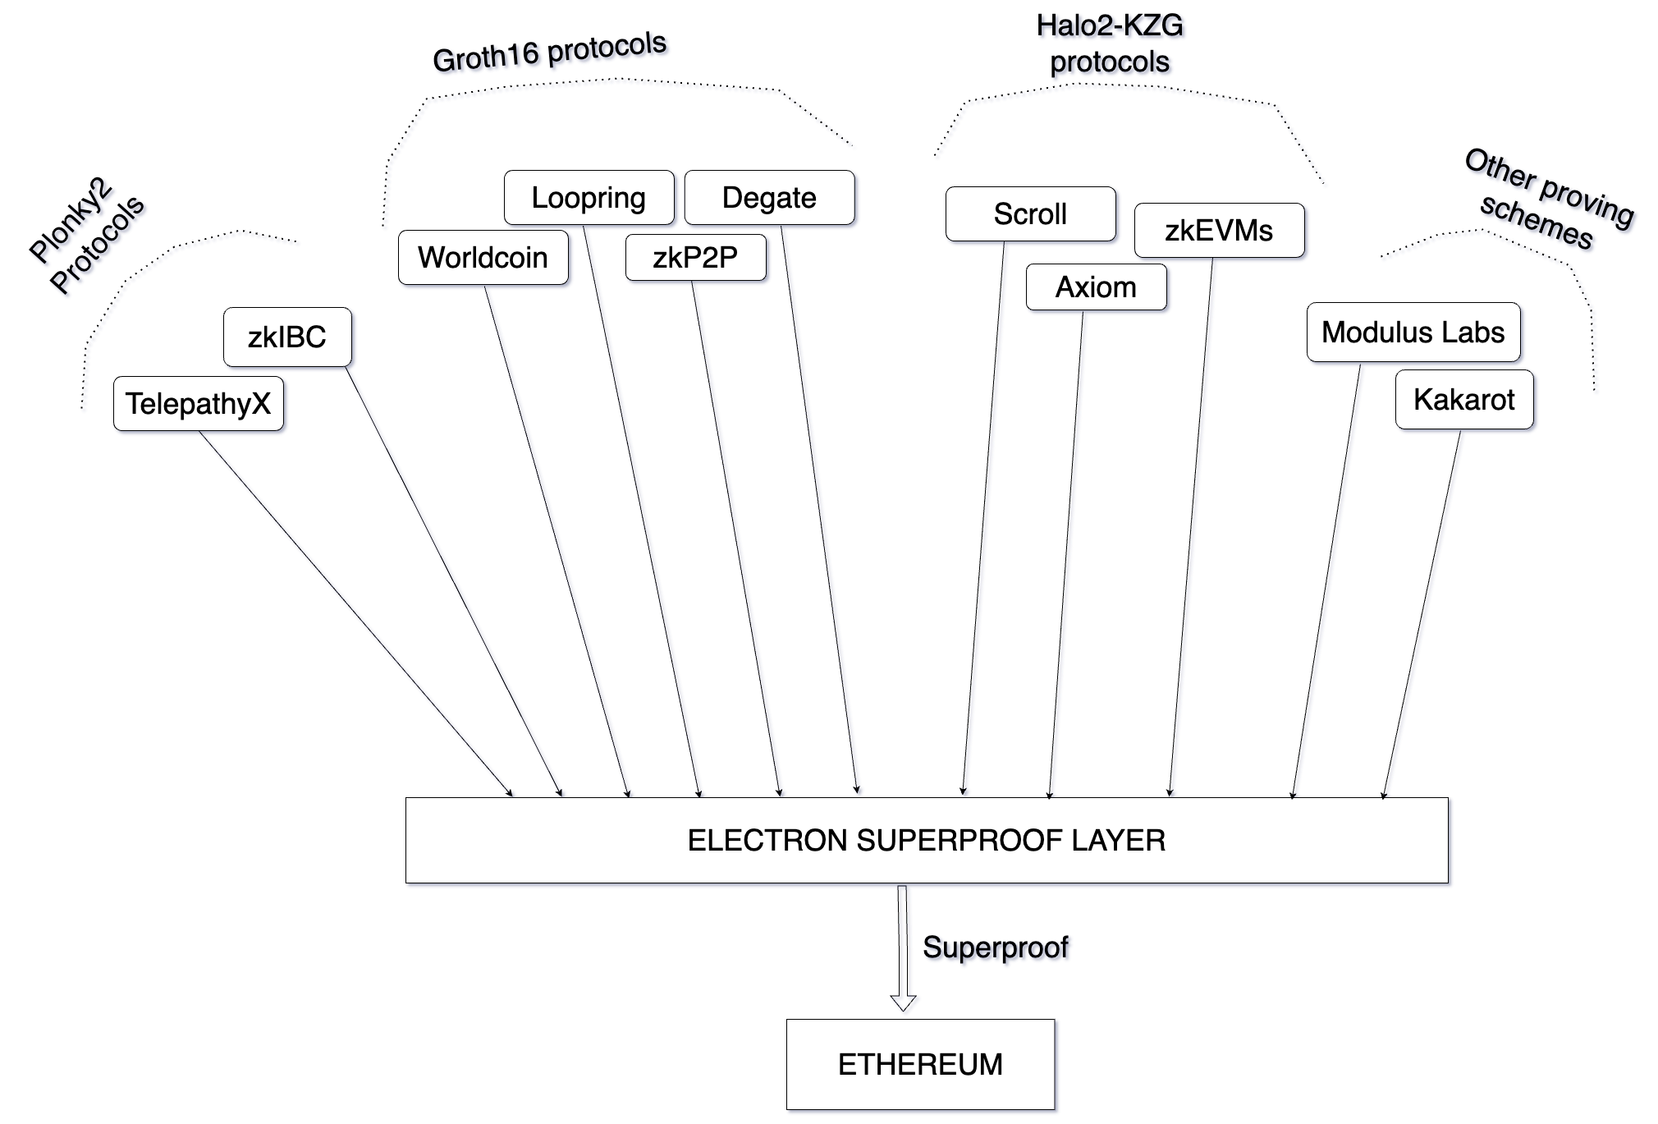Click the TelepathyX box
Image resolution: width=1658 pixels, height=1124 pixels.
pyautogui.click(x=199, y=404)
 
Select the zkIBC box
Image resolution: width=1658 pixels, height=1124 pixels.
pyautogui.click(x=287, y=337)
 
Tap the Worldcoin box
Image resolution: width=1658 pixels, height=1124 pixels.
pyautogui.click(x=483, y=258)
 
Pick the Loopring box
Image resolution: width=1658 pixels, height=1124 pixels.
pyautogui.click(x=589, y=198)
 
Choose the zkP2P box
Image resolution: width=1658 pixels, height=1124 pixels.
pyautogui.click(x=696, y=258)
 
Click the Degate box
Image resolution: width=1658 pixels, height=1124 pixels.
pyautogui.click(x=770, y=198)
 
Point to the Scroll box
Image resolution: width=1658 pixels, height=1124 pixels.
pyautogui.click(x=1031, y=214)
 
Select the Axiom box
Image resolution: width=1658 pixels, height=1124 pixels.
pyautogui.click(x=1097, y=287)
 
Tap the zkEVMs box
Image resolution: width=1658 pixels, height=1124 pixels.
pyautogui.click(x=1220, y=231)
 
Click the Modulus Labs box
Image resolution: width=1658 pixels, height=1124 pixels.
pyautogui.click(x=1413, y=333)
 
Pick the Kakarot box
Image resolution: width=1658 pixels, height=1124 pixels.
pyautogui.click(x=1464, y=400)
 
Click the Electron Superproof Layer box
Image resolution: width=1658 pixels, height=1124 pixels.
pyautogui.click(x=927, y=841)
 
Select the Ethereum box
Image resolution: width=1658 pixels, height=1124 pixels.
pyautogui.click(x=920, y=1065)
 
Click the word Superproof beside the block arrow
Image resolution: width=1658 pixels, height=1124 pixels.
pyautogui.click(x=996, y=947)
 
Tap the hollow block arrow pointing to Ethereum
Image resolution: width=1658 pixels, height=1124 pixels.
pyautogui.click(x=903, y=948)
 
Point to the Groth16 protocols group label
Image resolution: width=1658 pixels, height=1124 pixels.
pyautogui.click(x=549, y=52)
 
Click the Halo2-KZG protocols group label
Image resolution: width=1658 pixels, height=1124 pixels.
pyautogui.click(x=1110, y=44)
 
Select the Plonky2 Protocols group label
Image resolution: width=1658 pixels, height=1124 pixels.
pyautogui.click(x=87, y=235)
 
